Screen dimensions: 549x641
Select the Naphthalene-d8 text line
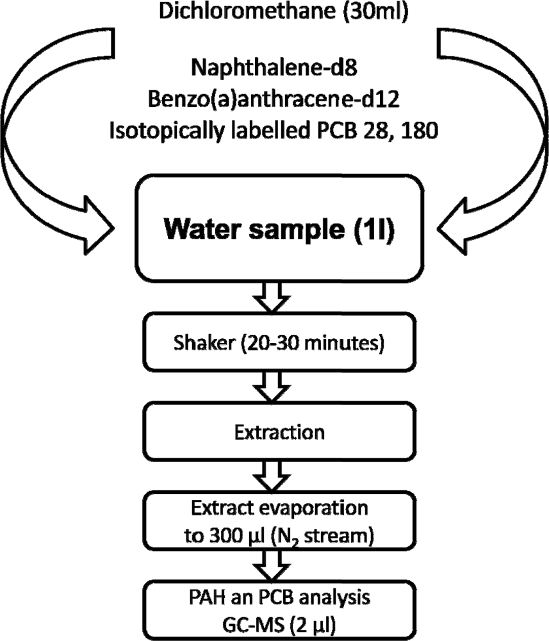coord(274,67)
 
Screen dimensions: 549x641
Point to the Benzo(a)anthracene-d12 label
coord(274,99)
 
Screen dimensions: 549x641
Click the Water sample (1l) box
coord(279,228)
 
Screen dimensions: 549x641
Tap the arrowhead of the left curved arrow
coord(98,226)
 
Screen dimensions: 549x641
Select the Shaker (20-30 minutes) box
coord(279,342)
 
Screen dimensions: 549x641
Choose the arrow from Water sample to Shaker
coord(272,297)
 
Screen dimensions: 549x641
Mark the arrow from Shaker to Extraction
coord(272,387)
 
